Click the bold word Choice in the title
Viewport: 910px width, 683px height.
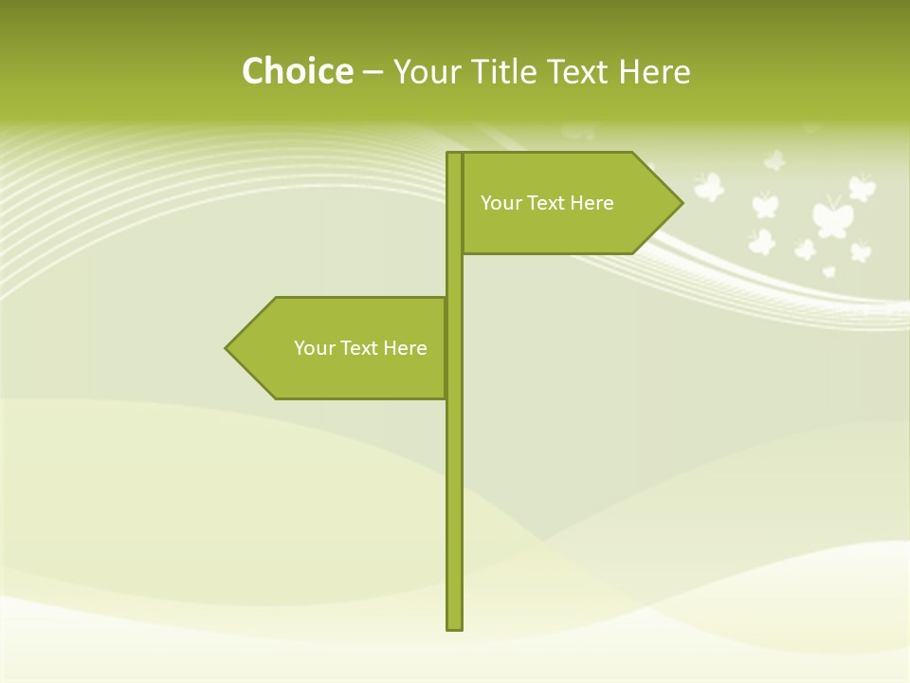[x=297, y=71]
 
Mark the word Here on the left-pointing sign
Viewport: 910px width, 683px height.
[x=405, y=348]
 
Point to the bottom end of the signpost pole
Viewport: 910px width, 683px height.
[x=455, y=626]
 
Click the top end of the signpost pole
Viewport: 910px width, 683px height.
[x=455, y=156]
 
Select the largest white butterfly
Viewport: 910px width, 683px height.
[x=831, y=216]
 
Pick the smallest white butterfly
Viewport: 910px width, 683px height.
[x=829, y=271]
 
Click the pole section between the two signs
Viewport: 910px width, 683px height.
[x=455, y=275]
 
